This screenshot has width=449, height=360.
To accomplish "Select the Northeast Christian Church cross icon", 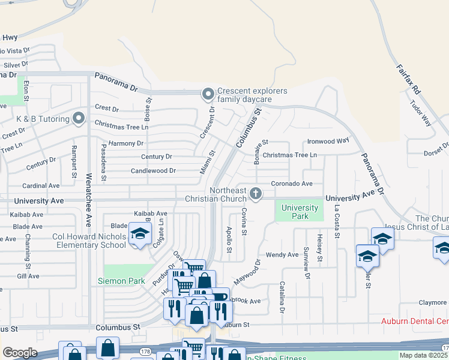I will pyautogui.click(x=256, y=193).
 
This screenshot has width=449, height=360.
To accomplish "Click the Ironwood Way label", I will pyautogui.click(x=328, y=141).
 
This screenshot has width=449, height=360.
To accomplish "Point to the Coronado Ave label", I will pyautogui.click(x=292, y=184).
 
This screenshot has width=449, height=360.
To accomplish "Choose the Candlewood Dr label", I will pyautogui.click(x=153, y=170).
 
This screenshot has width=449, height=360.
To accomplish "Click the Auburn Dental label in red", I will pyautogui.click(x=415, y=322).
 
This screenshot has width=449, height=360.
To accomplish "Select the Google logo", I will pyautogui.click(x=20, y=353).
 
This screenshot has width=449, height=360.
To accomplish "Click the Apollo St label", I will pyautogui.click(x=229, y=239).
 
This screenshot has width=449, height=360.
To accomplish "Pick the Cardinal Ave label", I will pyautogui.click(x=41, y=186).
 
